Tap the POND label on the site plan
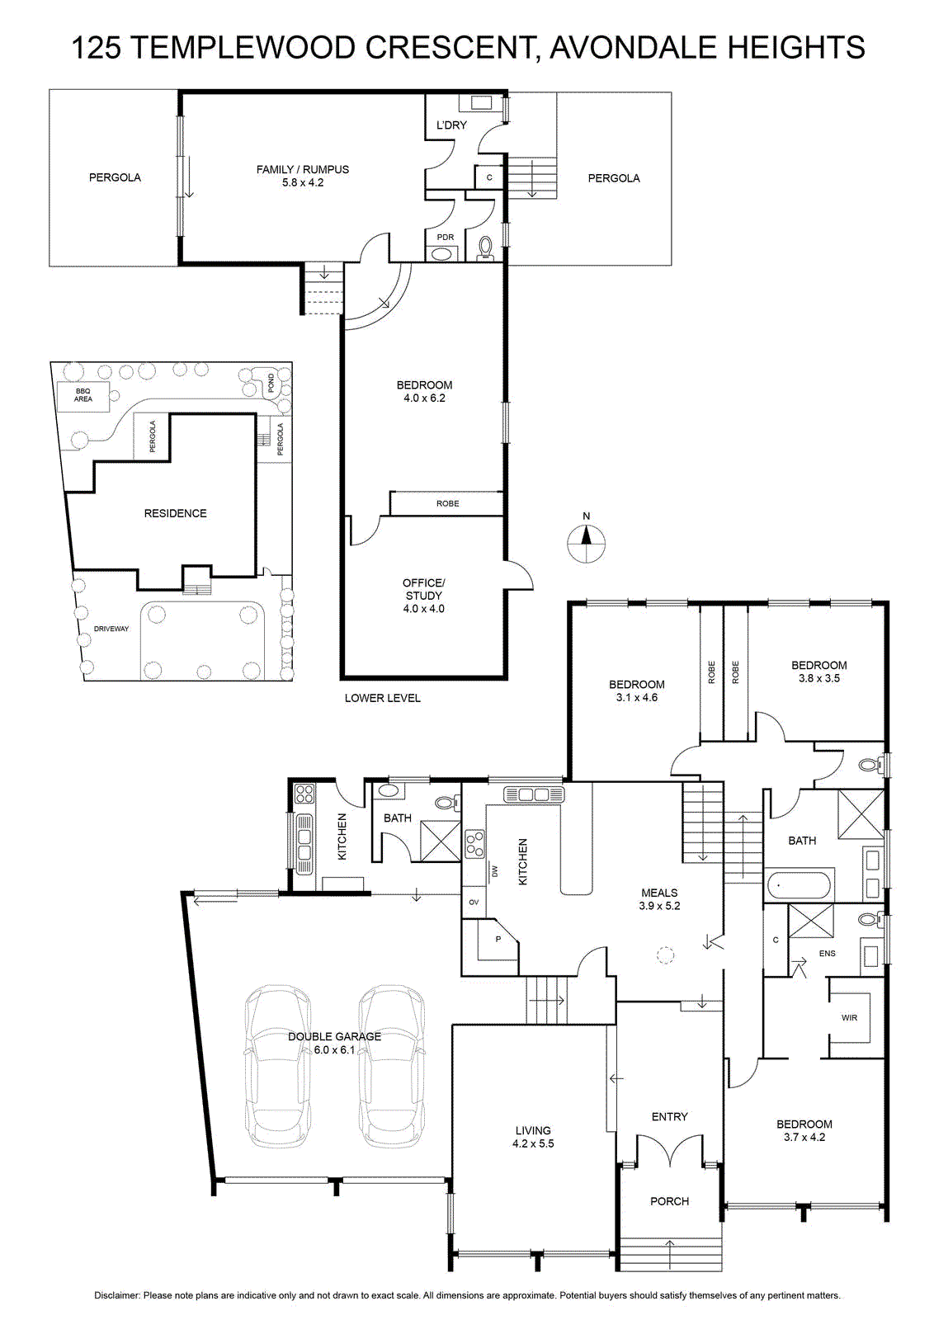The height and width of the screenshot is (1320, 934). [x=271, y=383]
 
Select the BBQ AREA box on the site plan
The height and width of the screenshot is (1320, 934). [x=83, y=395]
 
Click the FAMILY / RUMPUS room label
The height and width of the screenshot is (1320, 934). [x=302, y=170]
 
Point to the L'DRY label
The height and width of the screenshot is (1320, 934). [x=451, y=125]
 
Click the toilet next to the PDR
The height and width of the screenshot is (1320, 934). [x=485, y=248]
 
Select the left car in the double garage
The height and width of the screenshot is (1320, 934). [x=277, y=1066]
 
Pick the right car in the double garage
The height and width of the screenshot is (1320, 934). [x=392, y=1066]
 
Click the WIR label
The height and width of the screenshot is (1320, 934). [x=849, y=1018]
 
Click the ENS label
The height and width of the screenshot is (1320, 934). [x=827, y=953]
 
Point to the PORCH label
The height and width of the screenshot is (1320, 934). [x=669, y=1201]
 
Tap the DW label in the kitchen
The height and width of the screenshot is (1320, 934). [x=494, y=870]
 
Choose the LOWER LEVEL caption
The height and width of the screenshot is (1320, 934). [x=383, y=698]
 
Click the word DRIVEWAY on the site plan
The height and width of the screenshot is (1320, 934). [x=111, y=629]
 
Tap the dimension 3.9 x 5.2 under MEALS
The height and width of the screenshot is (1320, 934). [x=659, y=906]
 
